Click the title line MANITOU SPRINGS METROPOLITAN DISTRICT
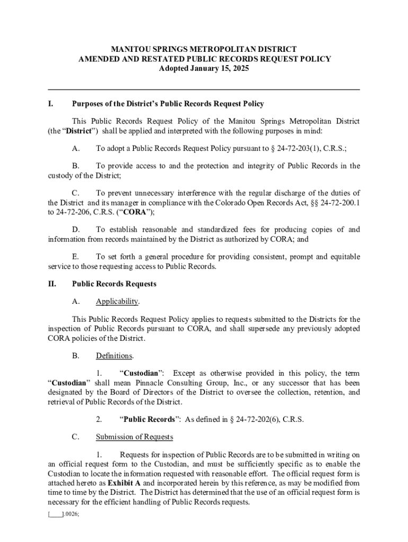(x=204, y=49)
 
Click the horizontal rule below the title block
(x=204, y=89)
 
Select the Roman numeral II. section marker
(x=52, y=284)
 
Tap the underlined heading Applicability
(x=117, y=301)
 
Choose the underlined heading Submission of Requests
(x=135, y=437)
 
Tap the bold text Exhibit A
(x=125, y=483)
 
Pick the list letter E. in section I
(x=76, y=257)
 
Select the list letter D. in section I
(x=76, y=229)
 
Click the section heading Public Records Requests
(x=114, y=284)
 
